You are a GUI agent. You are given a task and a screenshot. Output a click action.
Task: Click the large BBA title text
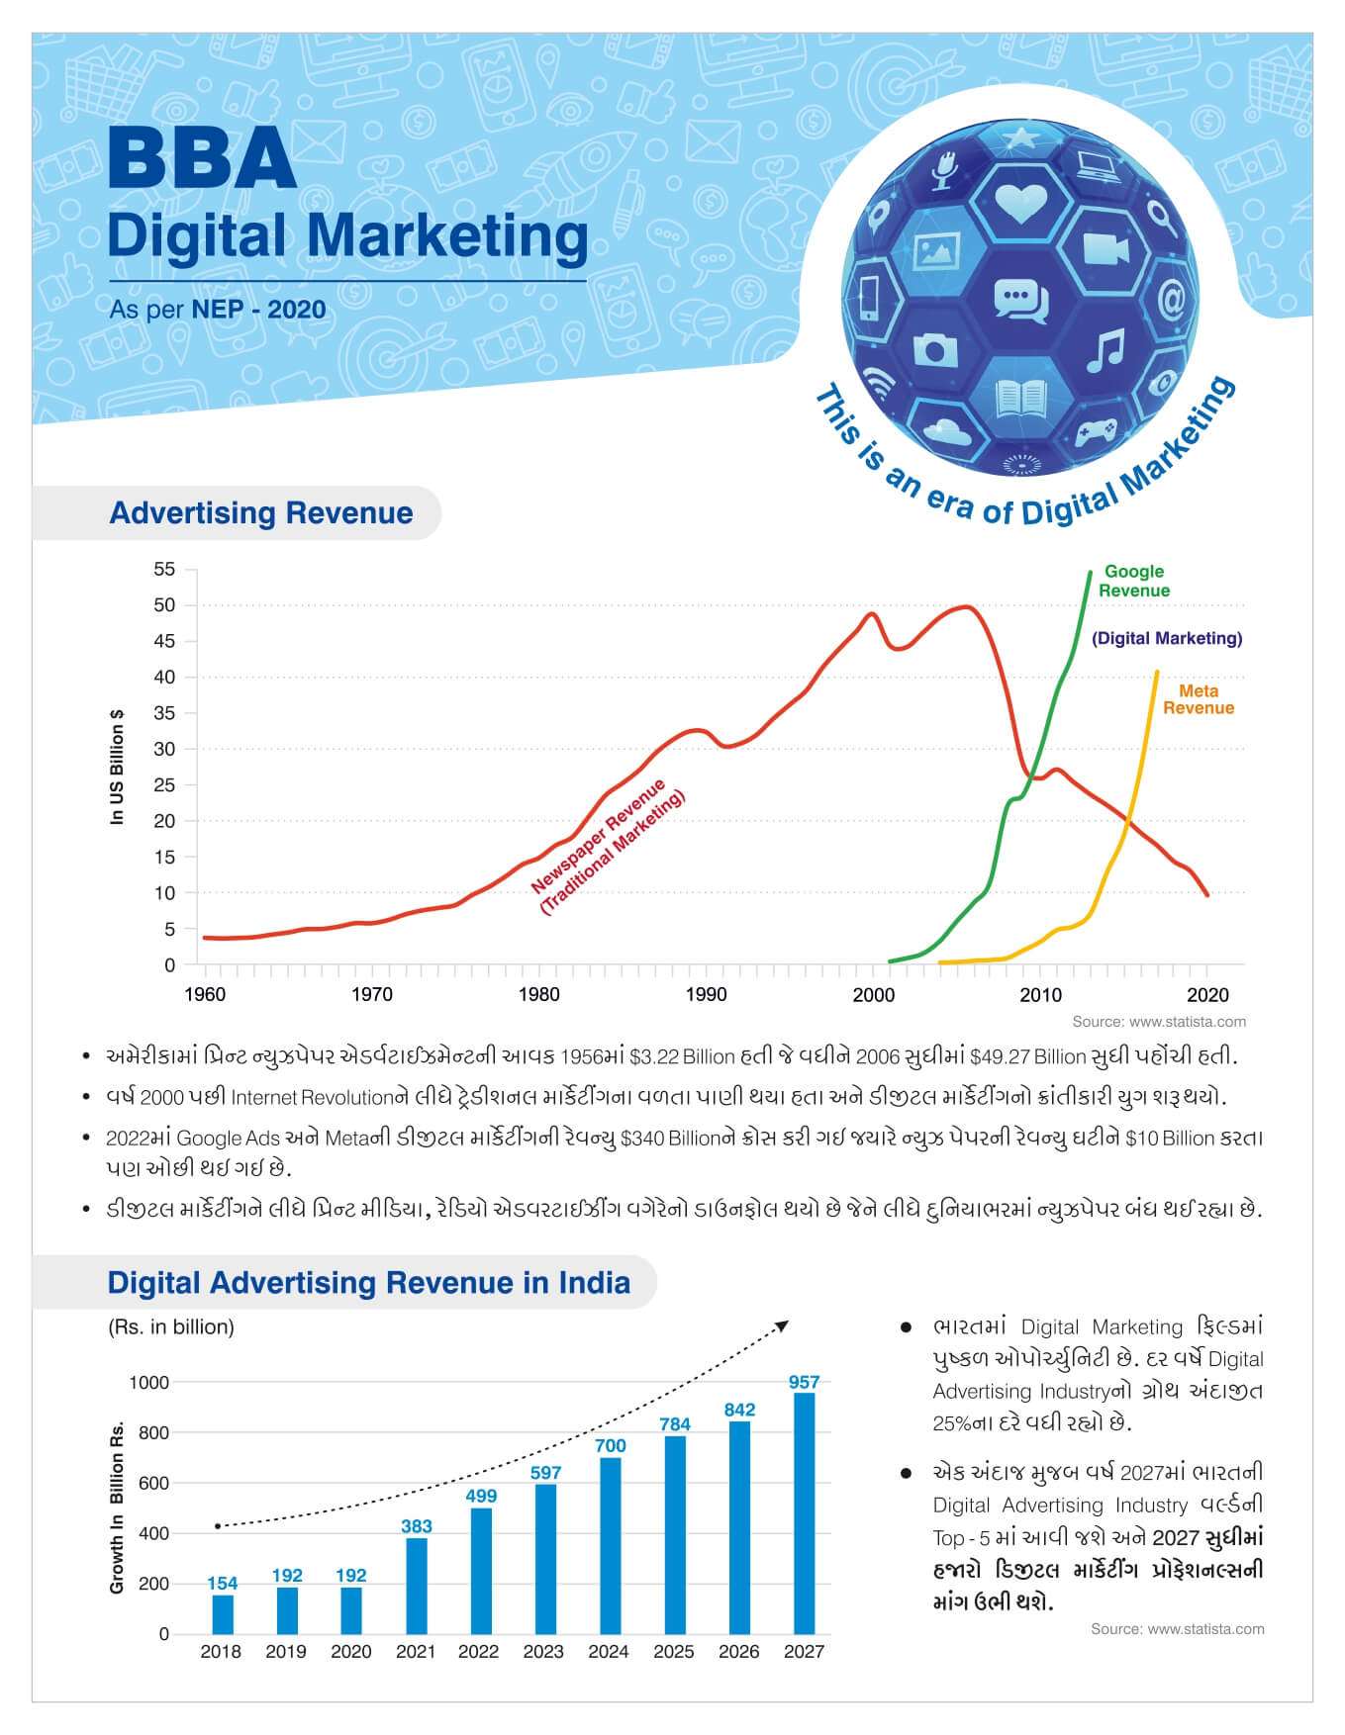(x=202, y=159)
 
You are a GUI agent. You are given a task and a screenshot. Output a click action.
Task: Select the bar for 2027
(x=804, y=1512)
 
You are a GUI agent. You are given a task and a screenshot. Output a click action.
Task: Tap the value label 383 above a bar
(x=416, y=1526)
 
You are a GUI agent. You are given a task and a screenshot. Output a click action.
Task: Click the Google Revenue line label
(x=1134, y=581)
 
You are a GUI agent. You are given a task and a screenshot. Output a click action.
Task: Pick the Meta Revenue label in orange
(x=1198, y=699)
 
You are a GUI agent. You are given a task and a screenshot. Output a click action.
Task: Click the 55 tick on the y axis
(x=164, y=569)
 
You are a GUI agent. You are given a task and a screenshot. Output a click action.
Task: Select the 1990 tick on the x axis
(x=706, y=994)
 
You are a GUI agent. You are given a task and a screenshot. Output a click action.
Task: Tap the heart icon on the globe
(x=1019, y=204)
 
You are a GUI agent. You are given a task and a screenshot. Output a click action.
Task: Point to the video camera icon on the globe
(x=1105, y=248)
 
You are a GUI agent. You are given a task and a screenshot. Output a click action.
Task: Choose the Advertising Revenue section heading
(x=261, y=512)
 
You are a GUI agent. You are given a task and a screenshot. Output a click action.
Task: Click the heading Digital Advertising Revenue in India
(x=368, y=1282)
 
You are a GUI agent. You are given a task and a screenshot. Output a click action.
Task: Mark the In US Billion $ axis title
(x=118, y=767)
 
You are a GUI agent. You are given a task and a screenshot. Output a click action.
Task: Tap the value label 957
(x=804, y=1382)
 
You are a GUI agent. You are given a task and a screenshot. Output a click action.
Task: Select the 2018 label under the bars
(x=221, y=1651)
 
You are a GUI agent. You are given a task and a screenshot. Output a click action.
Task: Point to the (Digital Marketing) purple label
(x=1167, y=638)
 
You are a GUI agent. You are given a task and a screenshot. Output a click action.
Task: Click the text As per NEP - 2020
(x=218, y=310)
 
